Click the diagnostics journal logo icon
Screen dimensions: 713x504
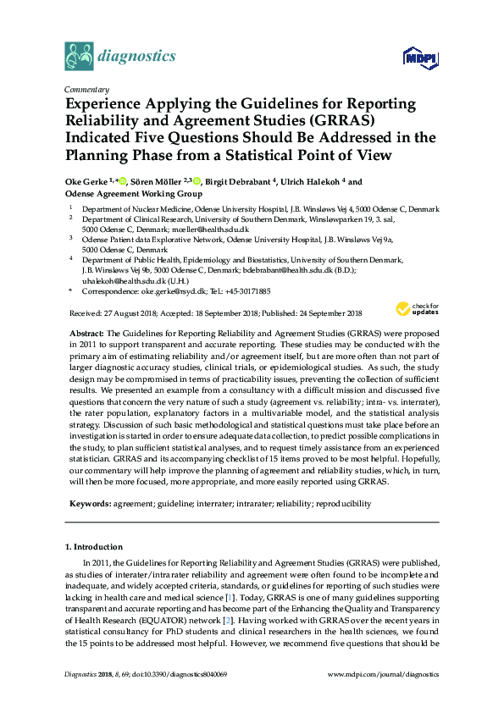point(79,57)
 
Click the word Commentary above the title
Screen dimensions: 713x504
point(86,89)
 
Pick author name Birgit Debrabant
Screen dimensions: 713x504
point(249,181)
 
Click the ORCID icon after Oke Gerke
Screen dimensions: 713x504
point(123,181)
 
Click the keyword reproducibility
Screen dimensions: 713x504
point(342,503)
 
